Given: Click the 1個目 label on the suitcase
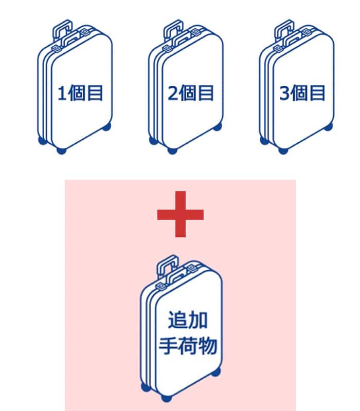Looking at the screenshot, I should [x=81, y=94].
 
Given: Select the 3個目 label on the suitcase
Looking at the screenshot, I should [x=302, y=94].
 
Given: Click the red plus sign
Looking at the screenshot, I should [x=180, y=214].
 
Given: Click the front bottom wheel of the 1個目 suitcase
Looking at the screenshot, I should [x=61, y=151].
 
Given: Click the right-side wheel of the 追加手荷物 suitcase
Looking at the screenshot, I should [x=216, y=372].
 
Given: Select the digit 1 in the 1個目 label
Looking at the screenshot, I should [x=62, y=95].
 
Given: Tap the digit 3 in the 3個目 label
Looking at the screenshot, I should [x=284, y=95].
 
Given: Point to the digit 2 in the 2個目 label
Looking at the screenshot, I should [x=173, y=95].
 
